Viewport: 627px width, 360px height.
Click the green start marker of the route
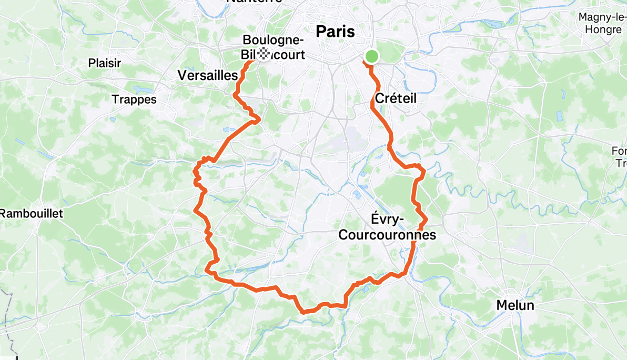(372, 56)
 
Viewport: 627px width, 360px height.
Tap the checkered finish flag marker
(263, 54)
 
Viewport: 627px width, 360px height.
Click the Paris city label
(335, 31)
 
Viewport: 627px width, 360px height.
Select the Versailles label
(208, 75)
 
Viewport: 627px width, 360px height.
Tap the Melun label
(515, 305)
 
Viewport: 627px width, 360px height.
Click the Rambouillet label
(32, 214)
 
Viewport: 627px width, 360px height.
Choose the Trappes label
(134, 99)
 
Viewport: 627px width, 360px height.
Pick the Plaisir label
(105, 63)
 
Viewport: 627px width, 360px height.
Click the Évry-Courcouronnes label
(387, 227)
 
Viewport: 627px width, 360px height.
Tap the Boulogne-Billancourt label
(274, 47)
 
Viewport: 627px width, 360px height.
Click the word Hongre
(603, 29)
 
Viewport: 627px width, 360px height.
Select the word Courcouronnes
(387, 235)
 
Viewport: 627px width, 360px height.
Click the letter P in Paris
(320, 31)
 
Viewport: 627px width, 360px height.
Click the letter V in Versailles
(182, 75)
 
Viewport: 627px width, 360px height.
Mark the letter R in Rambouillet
(4, 214)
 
